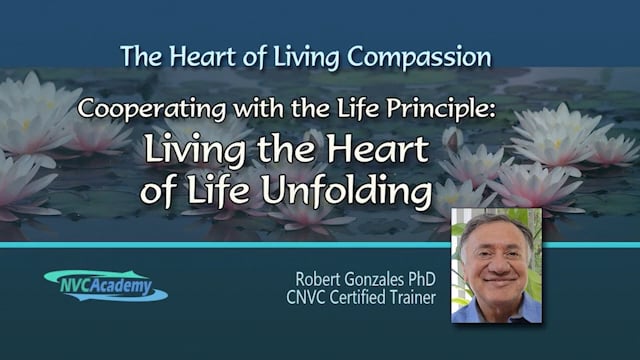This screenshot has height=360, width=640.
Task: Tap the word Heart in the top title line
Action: coord(200,54)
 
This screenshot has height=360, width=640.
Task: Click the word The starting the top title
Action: coord(137,54)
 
